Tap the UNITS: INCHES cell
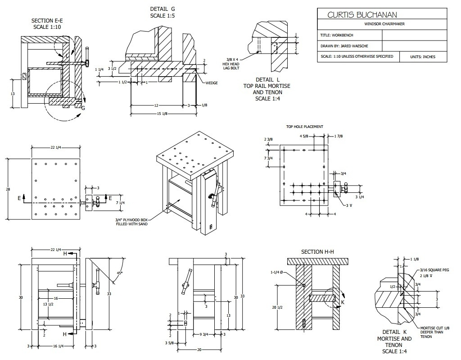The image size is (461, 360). coord(423,57)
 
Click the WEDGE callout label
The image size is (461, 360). coord(211,83)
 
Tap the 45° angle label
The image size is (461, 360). coord(119,273)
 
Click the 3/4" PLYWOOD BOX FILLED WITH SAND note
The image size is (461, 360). coord(131,222)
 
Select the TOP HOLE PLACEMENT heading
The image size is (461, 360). coord(305,127)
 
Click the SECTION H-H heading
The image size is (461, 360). coord(318,251)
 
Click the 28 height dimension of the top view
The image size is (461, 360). coord(8,189)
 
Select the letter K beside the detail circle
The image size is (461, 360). coord(342,302)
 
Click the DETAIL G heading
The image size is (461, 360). coord(163,9)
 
